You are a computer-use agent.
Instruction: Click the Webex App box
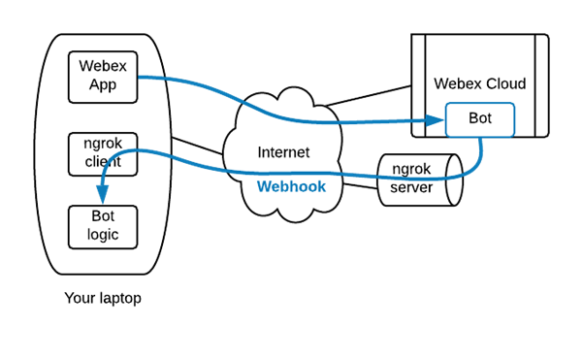pos(102,78)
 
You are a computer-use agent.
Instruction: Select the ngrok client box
pos(102,154)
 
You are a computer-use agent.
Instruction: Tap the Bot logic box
pos(102,225)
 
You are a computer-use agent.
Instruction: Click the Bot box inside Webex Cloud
pos(479,120)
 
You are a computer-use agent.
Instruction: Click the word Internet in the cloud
pos(283,152)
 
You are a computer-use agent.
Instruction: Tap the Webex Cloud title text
pos(479,83)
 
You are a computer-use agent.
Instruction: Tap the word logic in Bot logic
pos(102,235)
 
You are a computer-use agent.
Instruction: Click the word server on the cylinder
pos(412,187)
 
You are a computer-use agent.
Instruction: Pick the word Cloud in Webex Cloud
pos(505,83)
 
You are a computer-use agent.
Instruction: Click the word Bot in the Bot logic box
pos(102,216)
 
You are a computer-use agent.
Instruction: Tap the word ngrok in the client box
pos(102,145)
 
